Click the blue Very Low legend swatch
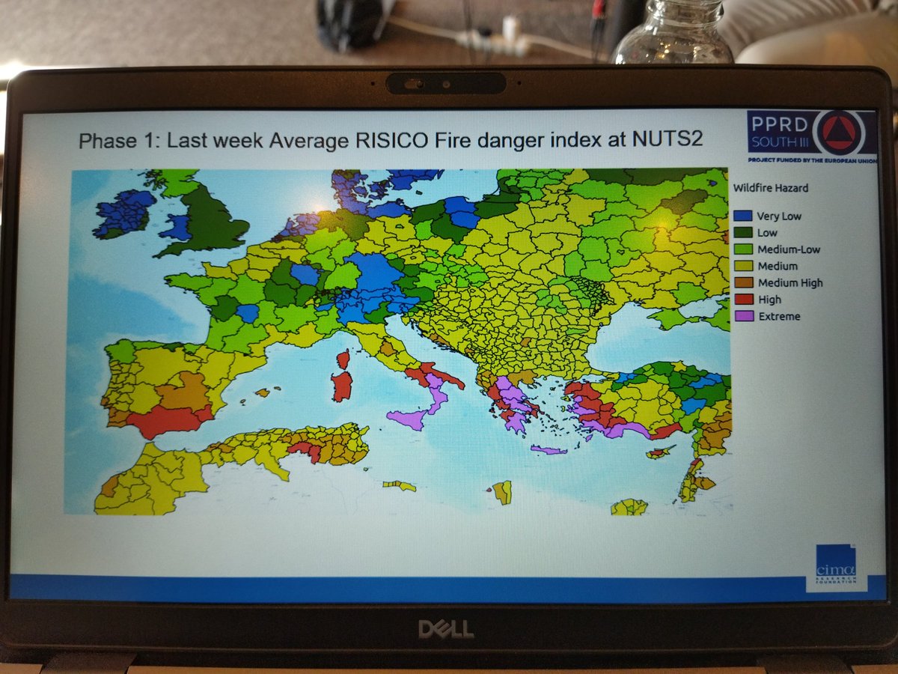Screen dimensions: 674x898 coord(743,216)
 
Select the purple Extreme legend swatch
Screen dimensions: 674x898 coord(743,316)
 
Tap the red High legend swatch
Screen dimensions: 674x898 coord(743,300)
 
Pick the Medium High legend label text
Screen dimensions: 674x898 coord(789,283)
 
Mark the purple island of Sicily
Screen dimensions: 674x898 coord(409,418)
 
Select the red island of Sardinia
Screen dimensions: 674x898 coord(342,386)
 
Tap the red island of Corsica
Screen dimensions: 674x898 coord(343,359)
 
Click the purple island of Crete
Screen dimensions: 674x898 coord(549,450)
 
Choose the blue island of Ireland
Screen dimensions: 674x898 coord(123,213)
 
